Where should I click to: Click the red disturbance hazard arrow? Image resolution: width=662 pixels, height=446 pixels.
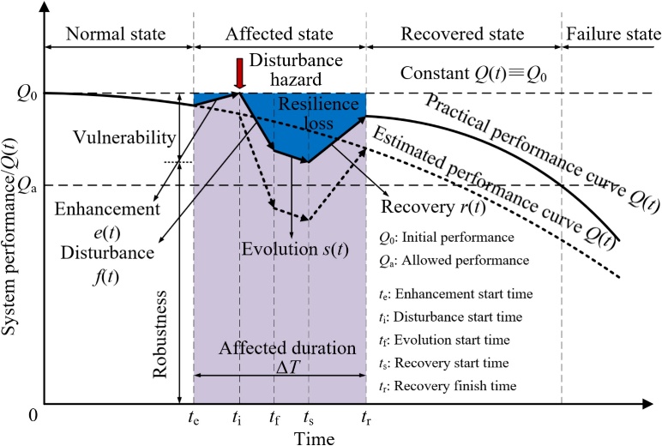click(x=239, y=73)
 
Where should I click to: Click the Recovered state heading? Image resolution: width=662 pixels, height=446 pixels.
click(x=463, y=36)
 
